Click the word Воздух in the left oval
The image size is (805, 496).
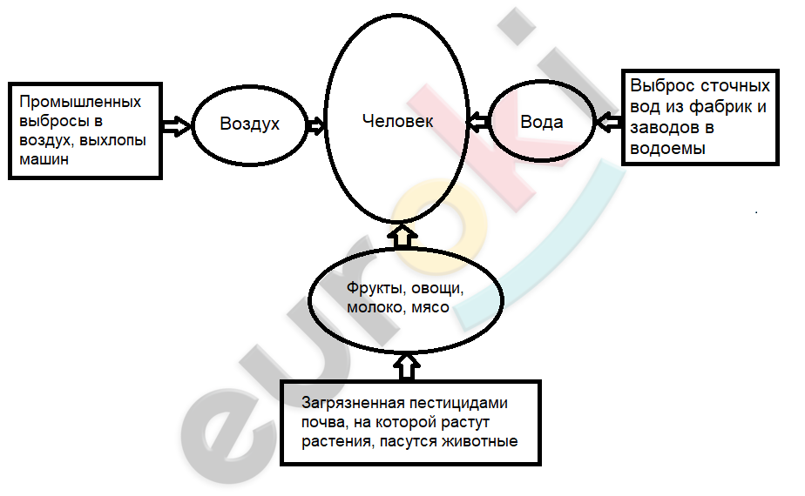click(249, 124)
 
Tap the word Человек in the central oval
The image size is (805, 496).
click(398, 121)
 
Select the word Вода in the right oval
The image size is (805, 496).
click(542, 122)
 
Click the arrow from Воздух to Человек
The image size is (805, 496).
click(315, 124)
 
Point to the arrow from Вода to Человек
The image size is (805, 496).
click(478, 122)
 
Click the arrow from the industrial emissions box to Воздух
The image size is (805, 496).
click(177, 125)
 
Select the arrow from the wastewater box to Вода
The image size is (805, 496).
click(608, 122)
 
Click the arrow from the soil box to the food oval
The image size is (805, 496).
click(407, 366)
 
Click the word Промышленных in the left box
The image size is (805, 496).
click(80, 102)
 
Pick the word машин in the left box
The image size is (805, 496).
click(44, 159)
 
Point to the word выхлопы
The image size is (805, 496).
click(113, 140)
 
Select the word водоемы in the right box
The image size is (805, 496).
click(667, 149)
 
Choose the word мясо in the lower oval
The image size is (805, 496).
click(430, 308)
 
